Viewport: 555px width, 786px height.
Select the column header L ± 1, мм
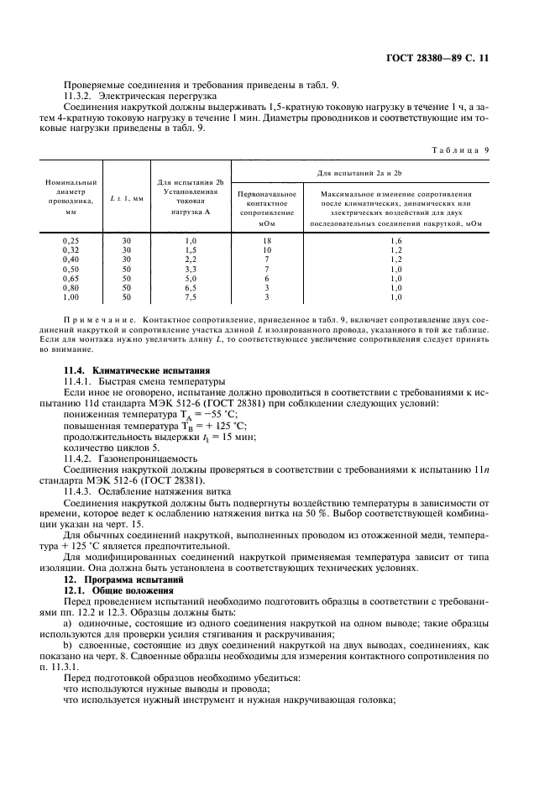[x=127, y=198]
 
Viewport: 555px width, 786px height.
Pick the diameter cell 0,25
[x=71, y=240]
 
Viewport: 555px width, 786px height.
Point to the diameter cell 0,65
[x=71, y=278]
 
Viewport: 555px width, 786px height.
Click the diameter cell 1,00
[x=71, y=297]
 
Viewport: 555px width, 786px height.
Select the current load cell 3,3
[x=190, y=269]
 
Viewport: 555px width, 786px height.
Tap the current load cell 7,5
[x=190, y=297]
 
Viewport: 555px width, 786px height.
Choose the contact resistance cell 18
[x=266, y=240]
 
